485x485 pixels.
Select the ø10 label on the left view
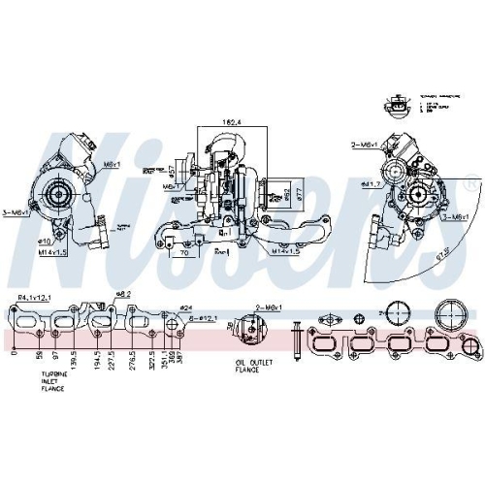[44, 240]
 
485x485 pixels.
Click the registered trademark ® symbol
[471, 181]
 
